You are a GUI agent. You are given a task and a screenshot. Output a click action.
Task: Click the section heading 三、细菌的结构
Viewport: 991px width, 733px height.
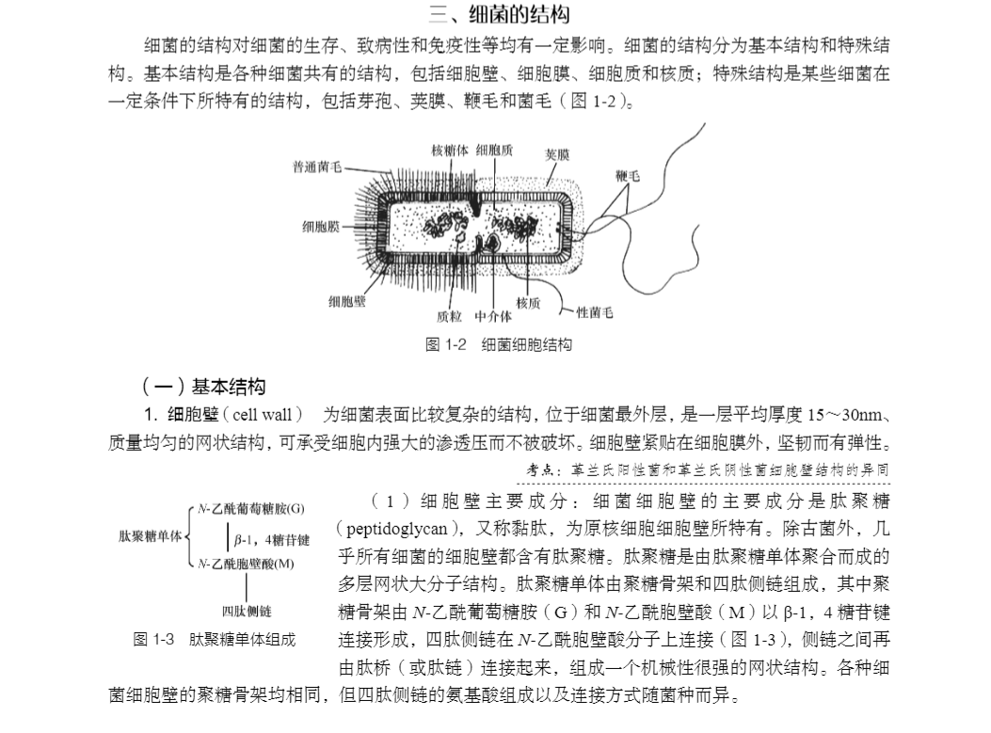click(x=498, y=14)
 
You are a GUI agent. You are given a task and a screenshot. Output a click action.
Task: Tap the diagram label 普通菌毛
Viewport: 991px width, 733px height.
click(x=317, y=167)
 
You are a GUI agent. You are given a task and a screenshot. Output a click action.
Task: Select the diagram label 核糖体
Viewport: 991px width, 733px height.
click(x=448, y=150)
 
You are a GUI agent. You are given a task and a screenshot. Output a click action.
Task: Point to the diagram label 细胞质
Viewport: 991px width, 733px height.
click(x=494, y=150)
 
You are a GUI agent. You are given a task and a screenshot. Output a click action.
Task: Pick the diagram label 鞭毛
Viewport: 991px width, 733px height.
click(x=628, y=176)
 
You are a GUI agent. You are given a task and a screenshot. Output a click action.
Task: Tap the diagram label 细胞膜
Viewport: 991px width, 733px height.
click(x=320, y=227)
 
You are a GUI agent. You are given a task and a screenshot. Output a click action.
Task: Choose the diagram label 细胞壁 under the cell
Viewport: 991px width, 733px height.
click(x=347, y=301)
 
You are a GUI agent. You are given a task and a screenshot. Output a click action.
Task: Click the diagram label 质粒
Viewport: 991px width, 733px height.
click(x=449, y=315)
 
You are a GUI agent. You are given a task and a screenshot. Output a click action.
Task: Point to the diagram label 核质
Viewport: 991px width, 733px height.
click(x=528, y=302)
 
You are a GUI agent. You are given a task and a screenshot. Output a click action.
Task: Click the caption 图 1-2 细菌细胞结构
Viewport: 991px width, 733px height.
click(x=499, y=345)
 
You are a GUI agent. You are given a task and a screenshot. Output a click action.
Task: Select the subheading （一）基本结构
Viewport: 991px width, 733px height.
click(x=203, y=387)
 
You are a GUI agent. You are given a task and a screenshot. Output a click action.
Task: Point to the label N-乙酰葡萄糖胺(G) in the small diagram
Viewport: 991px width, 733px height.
click(x=250, y=509)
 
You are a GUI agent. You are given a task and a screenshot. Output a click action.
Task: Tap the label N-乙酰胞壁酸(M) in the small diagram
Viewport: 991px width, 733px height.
click(x=248, y=564)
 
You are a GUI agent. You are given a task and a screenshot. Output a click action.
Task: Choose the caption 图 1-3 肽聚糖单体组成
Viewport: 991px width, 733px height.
click(x=215, y=640)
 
